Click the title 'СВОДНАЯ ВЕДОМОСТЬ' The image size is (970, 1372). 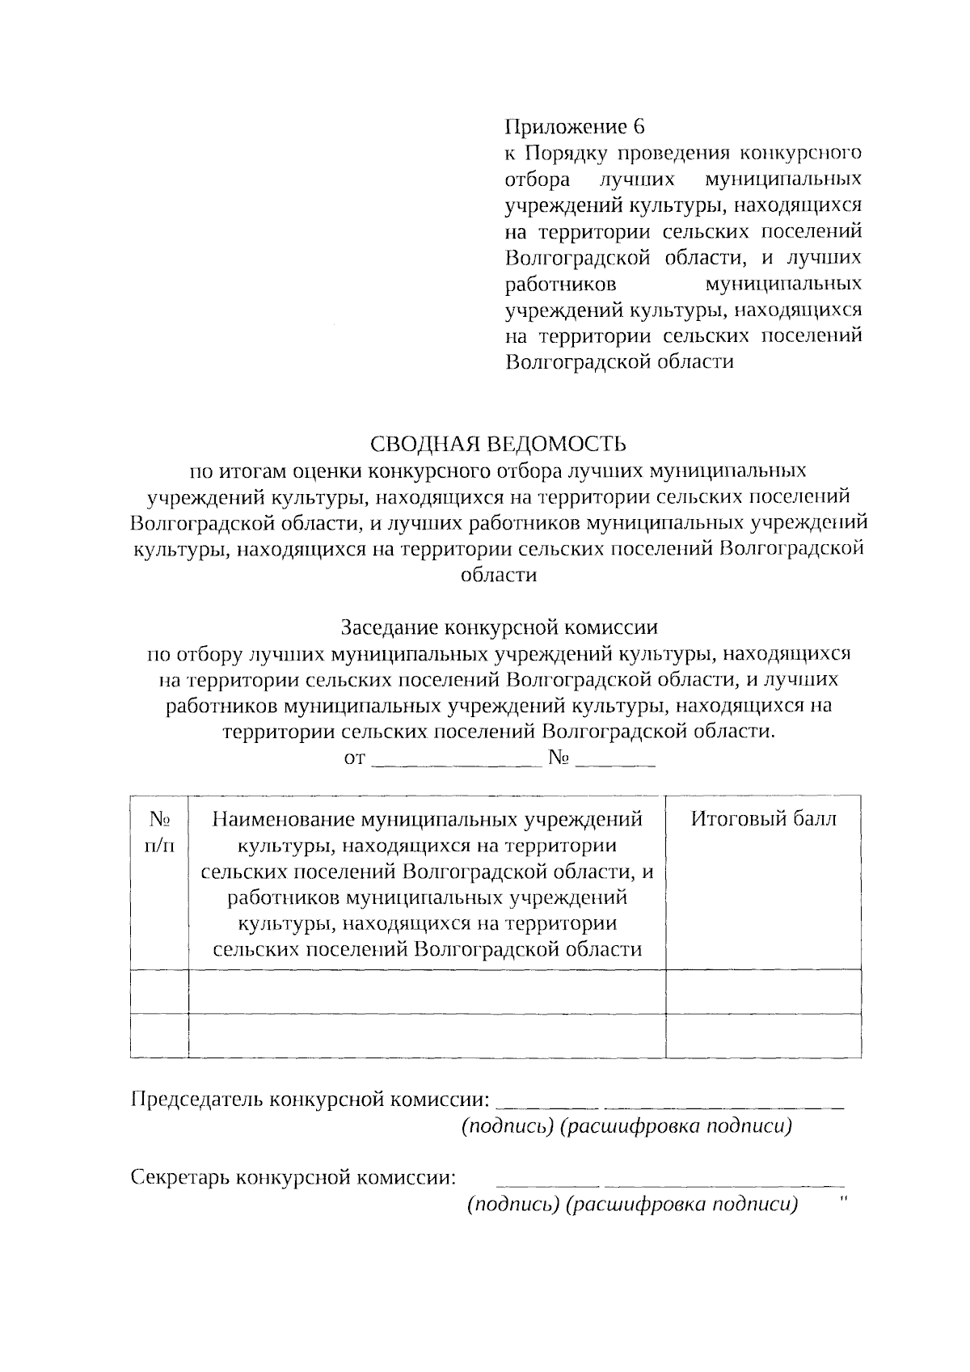(498, 444)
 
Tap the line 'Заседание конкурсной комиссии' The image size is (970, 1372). (499, 627)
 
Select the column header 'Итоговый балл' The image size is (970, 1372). (763, 819)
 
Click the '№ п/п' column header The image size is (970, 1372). (158, 832)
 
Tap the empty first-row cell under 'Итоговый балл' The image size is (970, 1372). (763, 991)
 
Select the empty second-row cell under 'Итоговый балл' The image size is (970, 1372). (763, 1036)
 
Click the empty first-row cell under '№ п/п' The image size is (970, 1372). (158, 991)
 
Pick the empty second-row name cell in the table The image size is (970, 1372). (427, 1036)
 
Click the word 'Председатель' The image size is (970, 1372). (196, 1100)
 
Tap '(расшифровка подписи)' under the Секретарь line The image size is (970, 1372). (681, 1205)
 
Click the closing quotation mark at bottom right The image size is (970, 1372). (844, 1199)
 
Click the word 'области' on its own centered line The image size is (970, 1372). (498, 575)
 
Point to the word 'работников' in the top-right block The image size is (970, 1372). (560, 284)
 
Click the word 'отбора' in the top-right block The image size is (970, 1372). (537, 179)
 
